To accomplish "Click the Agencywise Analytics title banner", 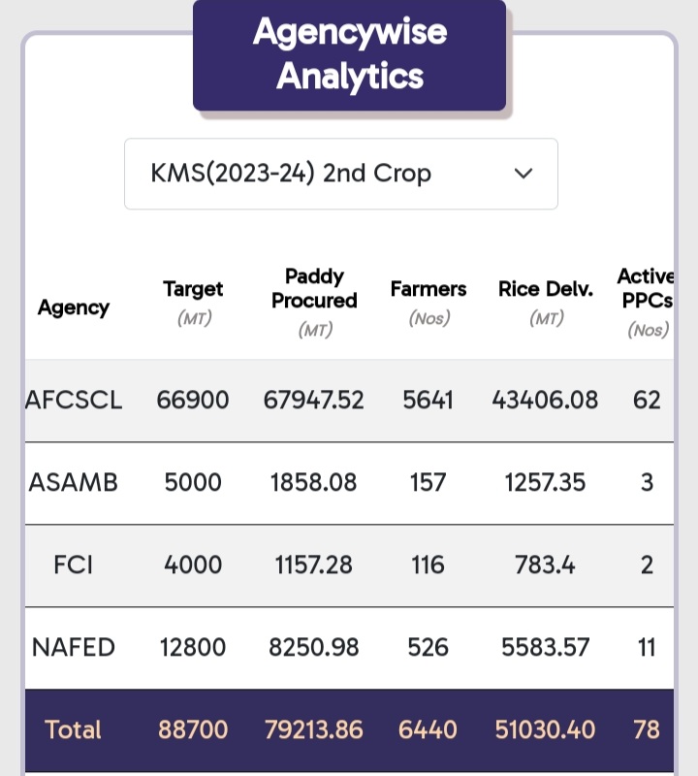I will click(349, 54).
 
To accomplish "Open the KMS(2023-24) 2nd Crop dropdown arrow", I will click(523, 174).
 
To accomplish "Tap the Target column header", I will click(193, 289).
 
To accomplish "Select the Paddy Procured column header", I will click(314, 289).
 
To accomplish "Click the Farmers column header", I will click(428, 289).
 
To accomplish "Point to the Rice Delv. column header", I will click(546, 289).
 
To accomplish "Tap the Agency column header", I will click(74, 307).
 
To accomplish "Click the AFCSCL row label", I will click(74, 400).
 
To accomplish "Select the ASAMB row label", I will click(74, 482).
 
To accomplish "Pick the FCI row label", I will click(74, 565).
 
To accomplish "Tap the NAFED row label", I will click(74, 647).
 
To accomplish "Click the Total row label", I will click(74, 729).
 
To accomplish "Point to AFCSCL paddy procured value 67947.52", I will click(314, 400).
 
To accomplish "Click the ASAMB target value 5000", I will click(193, 482).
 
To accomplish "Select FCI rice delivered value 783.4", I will click(546, 565).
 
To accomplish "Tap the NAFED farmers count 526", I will click(428, 647).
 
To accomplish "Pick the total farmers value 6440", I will click(428, 729).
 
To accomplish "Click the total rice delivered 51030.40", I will click(546, 729).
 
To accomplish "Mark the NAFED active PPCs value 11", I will click(648, 647).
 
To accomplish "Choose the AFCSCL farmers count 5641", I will click(428, 400).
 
